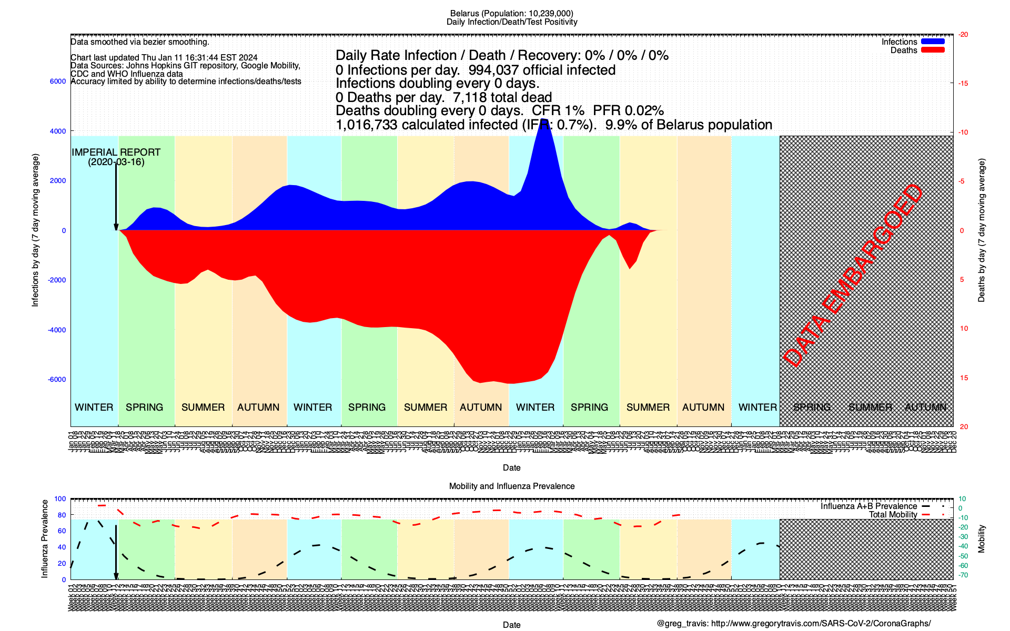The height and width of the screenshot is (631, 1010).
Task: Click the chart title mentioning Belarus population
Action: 511,13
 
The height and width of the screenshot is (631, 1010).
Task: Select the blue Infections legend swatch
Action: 933,42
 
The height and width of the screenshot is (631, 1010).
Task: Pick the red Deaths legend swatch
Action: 933,50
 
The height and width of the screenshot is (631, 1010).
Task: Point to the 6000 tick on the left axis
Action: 58,82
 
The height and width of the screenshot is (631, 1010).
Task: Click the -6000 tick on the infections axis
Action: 57,380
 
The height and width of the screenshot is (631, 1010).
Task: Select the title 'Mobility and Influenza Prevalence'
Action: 511,486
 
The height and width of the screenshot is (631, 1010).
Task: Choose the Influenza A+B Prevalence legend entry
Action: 868,506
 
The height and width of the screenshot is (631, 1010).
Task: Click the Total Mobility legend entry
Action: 893,515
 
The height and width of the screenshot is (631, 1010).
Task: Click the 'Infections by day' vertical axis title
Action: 35,230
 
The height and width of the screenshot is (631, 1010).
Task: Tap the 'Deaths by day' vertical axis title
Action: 981,230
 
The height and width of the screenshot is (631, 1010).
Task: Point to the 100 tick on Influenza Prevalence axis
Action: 60,499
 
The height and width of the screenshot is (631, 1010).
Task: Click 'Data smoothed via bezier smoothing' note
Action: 140,42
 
